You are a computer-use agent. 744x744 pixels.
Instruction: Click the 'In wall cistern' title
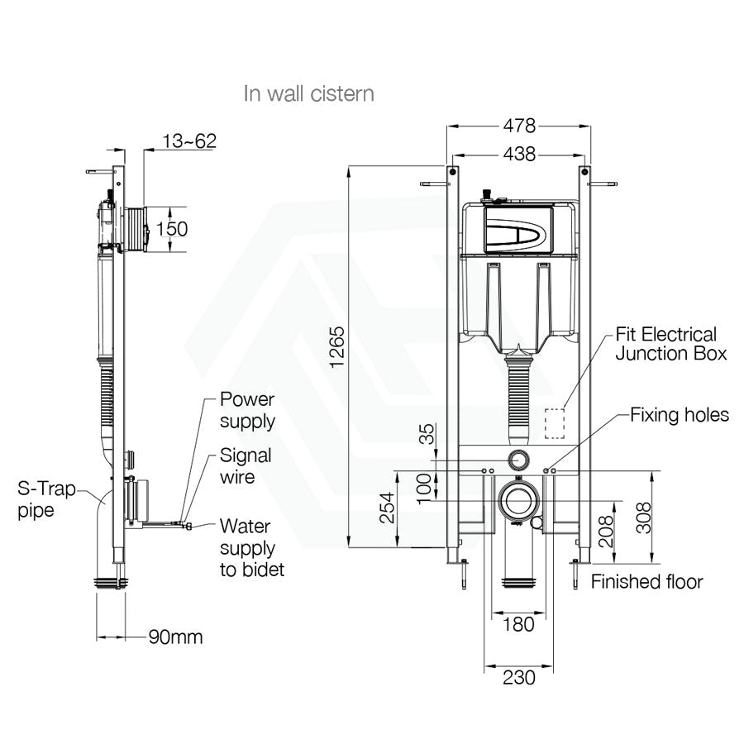point(309,93)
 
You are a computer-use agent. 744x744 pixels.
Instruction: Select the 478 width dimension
point(519,126)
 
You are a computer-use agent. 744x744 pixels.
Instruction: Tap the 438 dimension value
point(519,155)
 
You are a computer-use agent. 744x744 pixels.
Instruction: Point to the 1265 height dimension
point(337,347)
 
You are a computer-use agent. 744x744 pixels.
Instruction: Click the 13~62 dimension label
point(189,141)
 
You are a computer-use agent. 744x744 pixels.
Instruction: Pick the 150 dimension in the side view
point(172,229)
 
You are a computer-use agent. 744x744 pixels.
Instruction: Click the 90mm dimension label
point(175,637)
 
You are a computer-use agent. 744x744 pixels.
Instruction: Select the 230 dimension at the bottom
point(518,677)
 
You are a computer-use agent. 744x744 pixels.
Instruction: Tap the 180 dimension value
point(518,624)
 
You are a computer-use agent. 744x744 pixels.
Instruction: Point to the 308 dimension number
point(643,518)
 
